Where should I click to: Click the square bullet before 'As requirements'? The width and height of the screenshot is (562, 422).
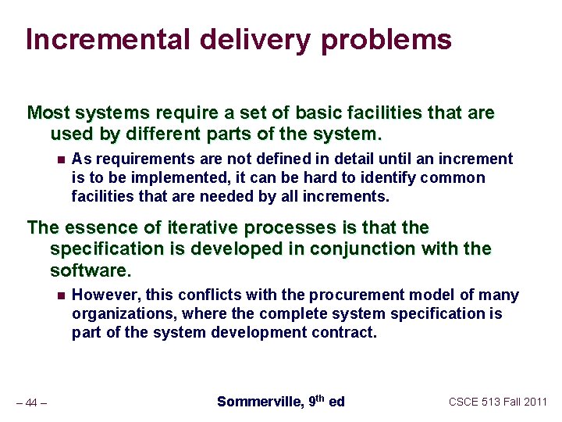[x=59, y=159]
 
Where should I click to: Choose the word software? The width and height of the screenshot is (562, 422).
[x=88, y=271]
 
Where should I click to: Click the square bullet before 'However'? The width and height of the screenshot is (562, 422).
[x=59, y=295]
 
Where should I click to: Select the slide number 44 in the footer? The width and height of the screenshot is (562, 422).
[x=31, y=403]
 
